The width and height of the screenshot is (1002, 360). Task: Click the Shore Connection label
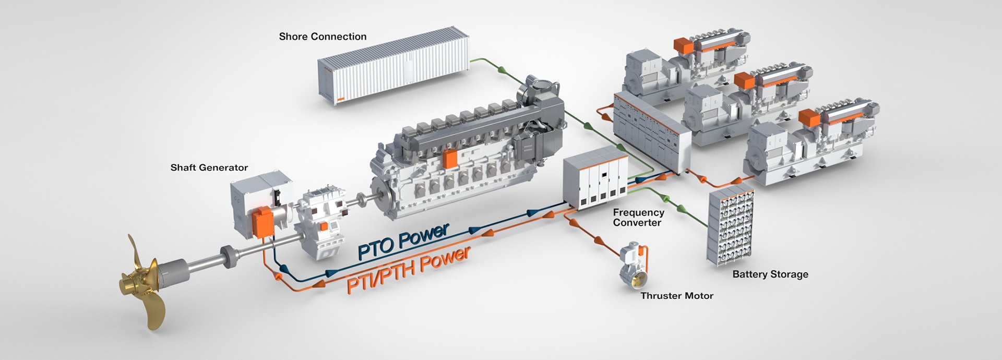(323, 37)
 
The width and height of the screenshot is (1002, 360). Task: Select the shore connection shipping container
(394, 68)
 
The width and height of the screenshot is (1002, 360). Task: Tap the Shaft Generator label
(209, 167)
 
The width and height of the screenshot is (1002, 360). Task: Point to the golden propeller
(144, 284)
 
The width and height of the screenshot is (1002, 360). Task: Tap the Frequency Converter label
(638, 218)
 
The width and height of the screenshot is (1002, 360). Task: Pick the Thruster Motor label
(676, 296)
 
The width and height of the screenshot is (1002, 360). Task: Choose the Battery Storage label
(770, 274)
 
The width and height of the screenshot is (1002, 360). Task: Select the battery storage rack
(731, 224)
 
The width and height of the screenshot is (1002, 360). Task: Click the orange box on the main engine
(449, 159)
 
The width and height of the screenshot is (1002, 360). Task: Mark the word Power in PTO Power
(423, 236)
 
